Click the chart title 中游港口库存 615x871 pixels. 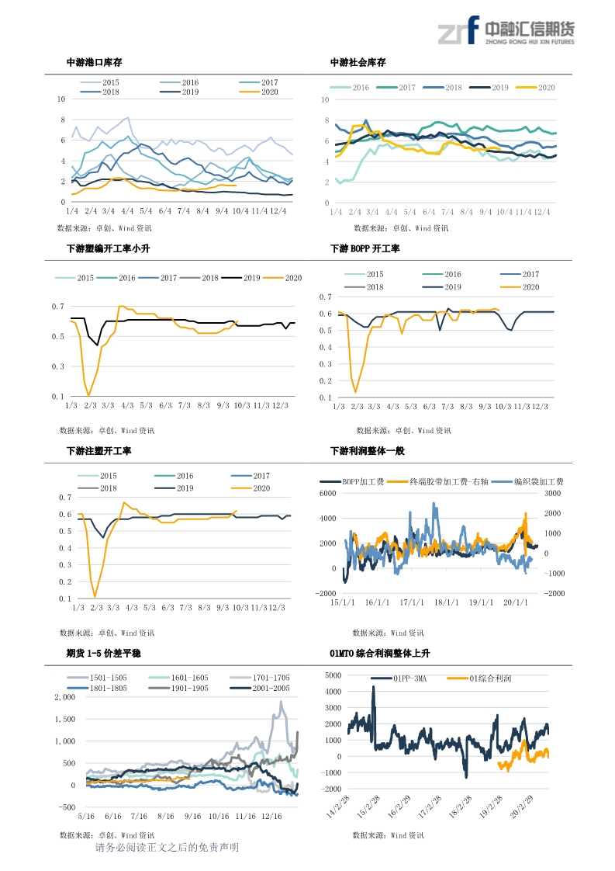(x=95, y=63)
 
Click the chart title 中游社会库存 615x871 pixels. (x=358, y=63)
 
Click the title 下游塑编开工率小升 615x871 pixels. (x=108, y=249)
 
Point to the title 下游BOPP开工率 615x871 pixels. (x=365, y=249)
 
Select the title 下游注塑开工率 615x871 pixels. (x=98, y=451)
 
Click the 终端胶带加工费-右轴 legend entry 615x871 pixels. (x=443, y=482)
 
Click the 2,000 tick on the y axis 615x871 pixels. (x=64, y=697)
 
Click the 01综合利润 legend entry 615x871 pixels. (x=490, y=678)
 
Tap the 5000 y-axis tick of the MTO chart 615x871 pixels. (x=333, y=675)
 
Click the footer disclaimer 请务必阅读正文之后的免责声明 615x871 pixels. (x=167, y=848)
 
